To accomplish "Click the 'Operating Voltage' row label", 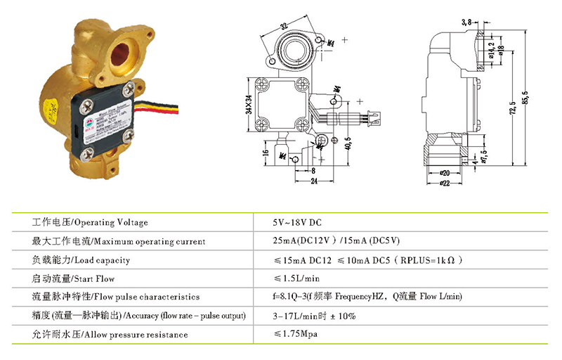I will (x=91, y=223).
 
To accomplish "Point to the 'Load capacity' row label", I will (x=82, y=260).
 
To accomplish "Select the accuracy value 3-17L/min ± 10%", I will (x=314, y=316).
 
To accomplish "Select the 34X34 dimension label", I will (x=247, y=105).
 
